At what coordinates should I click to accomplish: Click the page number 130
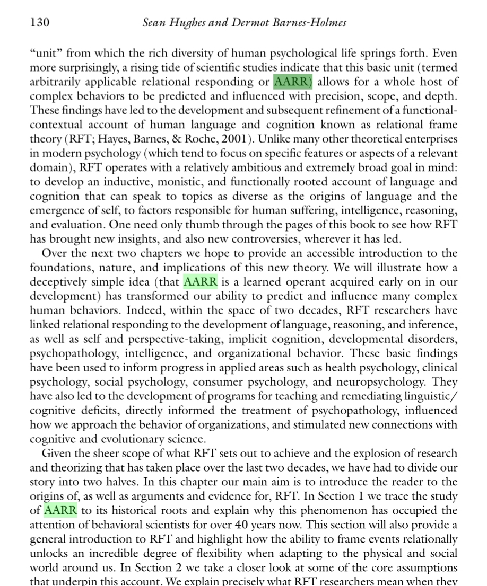click(x=39, y=22)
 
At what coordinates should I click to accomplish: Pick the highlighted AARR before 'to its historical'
click(x=60, y=510)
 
